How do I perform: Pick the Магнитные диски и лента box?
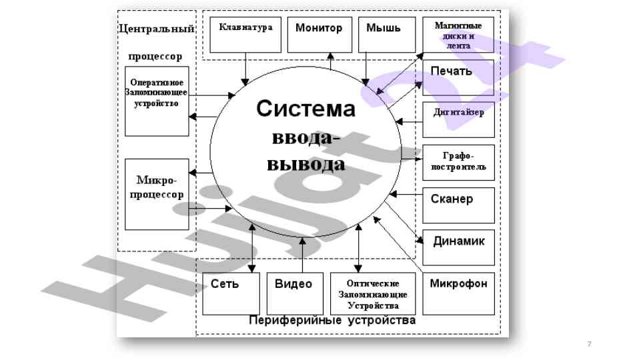point(458,35)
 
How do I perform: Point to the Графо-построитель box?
point(458,162)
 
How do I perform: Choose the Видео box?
point(293,293)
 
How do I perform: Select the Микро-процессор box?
point(156,194)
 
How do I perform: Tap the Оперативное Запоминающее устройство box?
point(156,101)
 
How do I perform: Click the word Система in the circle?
point(306,109)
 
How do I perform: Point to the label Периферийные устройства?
point(332,321)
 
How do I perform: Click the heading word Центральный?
point(156,29)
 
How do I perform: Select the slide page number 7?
point(589,344)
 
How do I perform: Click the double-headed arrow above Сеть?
point(252,247)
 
